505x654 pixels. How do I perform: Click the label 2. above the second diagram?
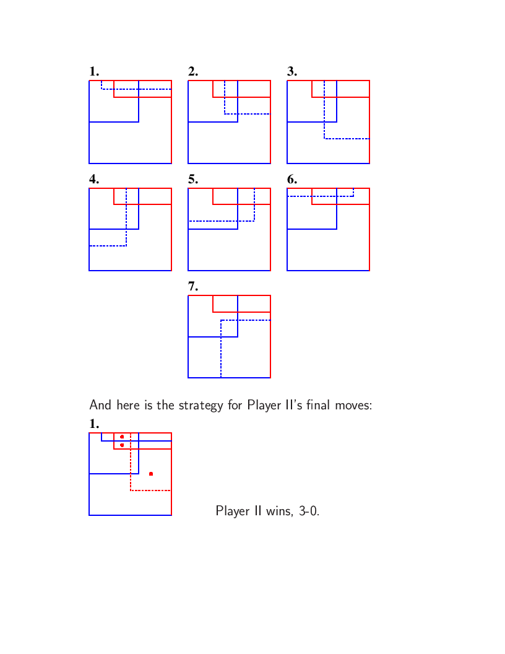coord(193,72)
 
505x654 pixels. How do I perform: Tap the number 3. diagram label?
coord(292,72)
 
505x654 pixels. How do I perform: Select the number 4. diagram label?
coord(94,180)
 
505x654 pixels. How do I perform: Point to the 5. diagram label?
coord(193,180)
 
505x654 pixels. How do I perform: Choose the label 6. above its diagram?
coord(292,180)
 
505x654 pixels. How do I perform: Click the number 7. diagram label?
coord(193,286)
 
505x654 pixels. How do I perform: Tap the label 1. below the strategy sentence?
coord(94,424)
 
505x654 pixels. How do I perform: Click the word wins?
coord(280,511)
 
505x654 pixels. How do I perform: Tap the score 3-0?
coord(309,511)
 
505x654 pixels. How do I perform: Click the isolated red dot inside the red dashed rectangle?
coord(151,474)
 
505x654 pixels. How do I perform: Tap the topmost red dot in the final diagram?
coord(122,437)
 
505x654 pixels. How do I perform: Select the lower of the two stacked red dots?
coord(122,445)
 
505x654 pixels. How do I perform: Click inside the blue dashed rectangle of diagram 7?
coord(246,349)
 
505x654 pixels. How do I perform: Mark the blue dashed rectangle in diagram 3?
coord(324,109)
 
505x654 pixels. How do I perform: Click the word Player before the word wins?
coord(233,512)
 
